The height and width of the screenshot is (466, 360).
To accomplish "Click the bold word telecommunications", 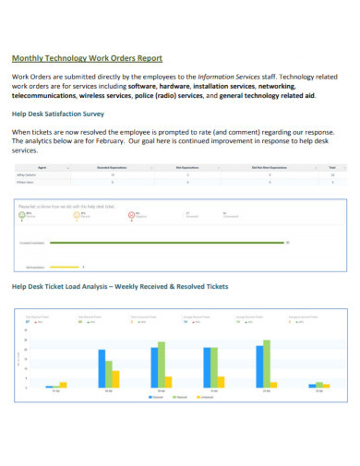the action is coord(46,95).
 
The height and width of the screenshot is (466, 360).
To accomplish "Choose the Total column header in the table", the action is coord(332,167).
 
